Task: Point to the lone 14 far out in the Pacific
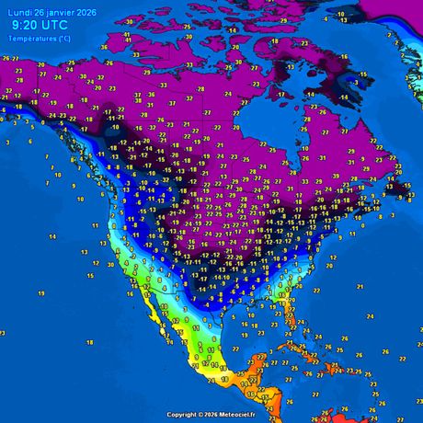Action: [53, 236]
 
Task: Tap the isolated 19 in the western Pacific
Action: [41, 292]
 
